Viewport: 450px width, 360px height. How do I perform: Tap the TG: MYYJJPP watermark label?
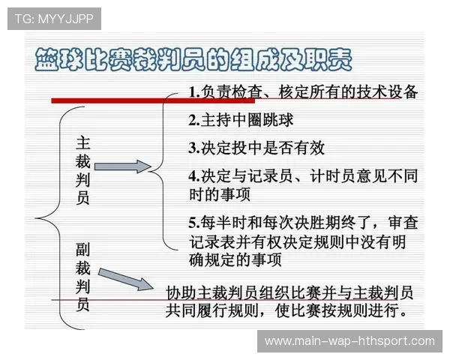pyautogui.click(x=53, y=19)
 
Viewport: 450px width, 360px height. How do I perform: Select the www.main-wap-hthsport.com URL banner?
pyautogui.click(x=349, y=341)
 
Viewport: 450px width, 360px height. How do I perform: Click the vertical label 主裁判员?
pyautogui.click(x=83, y=171)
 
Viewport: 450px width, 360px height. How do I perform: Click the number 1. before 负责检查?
pyautogui.click(x=194, y=93)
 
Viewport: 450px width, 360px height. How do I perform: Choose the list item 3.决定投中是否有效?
pyautogui.click(x=256, y=147)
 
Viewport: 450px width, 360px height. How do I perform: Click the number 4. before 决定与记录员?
pyautogui.click(x=193, y=176)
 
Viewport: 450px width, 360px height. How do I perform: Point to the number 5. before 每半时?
pyautogui.click(x=193, y=223)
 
